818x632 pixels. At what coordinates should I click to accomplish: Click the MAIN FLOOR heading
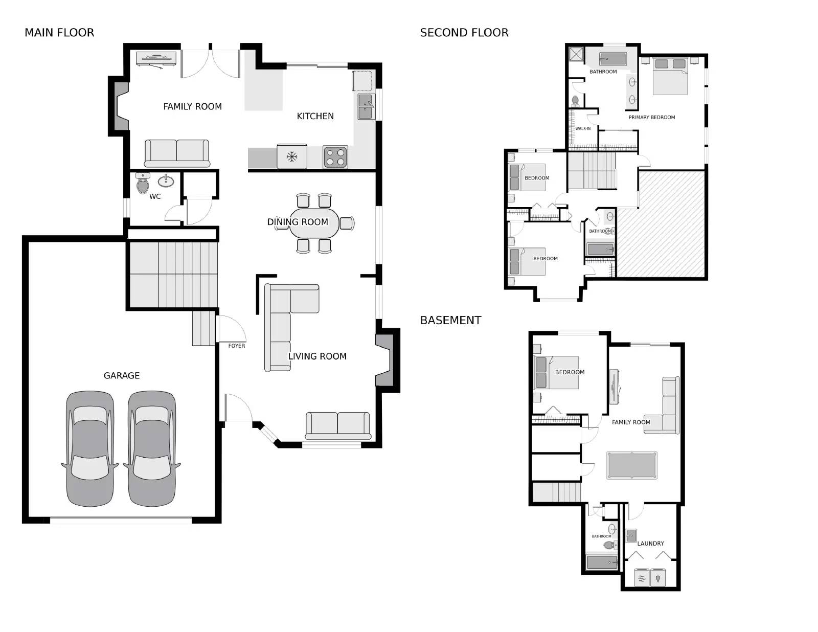(59, 33)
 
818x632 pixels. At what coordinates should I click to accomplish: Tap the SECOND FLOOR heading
(464, 33)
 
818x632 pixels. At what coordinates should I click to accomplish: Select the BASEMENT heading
(450, 321)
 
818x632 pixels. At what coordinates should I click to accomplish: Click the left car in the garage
(90, 449)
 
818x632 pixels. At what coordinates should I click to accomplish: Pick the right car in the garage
(151, 449)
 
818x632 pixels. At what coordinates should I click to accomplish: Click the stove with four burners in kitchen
(335, 157)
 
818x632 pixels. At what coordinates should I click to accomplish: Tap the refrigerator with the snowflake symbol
(292, 156)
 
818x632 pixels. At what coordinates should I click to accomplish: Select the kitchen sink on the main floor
(365, 106)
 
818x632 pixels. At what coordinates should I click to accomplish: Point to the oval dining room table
(314, 223)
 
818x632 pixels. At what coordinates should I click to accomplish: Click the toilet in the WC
(143, 184)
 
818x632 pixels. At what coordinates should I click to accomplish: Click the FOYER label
(236, 346)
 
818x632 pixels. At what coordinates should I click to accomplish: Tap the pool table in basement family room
(631, 465)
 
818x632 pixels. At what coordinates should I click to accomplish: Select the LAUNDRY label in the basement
(650, 544)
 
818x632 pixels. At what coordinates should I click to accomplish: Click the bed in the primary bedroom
(670, 76)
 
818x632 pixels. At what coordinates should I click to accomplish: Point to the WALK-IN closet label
(583, 129)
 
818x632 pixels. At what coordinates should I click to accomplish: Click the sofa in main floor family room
(177, 153)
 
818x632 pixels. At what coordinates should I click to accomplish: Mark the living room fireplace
(385, 360)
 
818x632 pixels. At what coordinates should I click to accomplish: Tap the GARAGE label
(122, 376)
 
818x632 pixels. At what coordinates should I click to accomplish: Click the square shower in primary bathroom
(576, 54)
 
